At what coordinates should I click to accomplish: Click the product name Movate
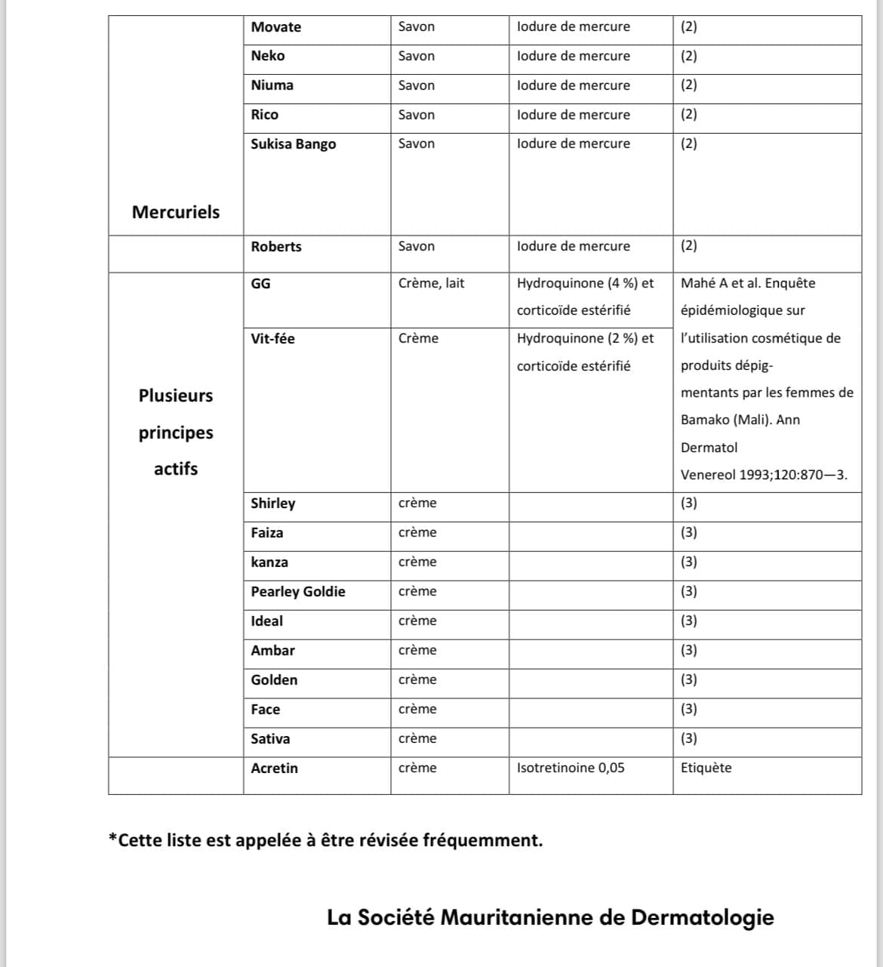pyautogui.click(x=275, y=27)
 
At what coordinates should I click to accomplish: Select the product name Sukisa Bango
pyautogui.click(x=293, y=144)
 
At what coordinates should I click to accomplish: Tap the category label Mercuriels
pyautogui.click(x=175, y=212)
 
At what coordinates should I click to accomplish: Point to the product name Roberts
pyautogui.click(x=275, y=247)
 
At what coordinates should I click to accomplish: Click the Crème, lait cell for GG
pyautogui.click(x=431, y=283)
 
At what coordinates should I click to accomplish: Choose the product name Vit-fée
pyautogui.click(x=272, y=339)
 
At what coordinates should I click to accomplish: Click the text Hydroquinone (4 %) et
pyautogui.click(x=585, y=283)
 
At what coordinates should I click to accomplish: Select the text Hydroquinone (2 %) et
pyautogui.click(x=585, y=338)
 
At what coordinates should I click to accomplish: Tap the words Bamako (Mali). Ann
pyautogui.click(x=740, y=420)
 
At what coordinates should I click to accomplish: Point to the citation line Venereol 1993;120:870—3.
pyautogui.click(x=764, y=475)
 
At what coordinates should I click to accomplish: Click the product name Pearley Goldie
pyautogui.click(x=297, y=592)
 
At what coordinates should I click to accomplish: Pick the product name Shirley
pyautogui.click(x=272, y=504)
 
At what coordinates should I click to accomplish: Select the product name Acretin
pyautogui.click(x=274, y=768)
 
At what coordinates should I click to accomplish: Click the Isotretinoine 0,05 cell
pyautogui.click(x=571, y=768)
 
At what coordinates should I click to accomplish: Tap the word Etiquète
pyautogui.click(x=706, y=768)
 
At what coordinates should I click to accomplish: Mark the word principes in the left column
pyautogui.click(x=175, y=433)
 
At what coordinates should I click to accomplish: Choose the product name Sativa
pyautogui.click(x=270, y=739)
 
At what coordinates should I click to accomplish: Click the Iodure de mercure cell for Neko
pyautogui.click(x=573, y=56)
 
